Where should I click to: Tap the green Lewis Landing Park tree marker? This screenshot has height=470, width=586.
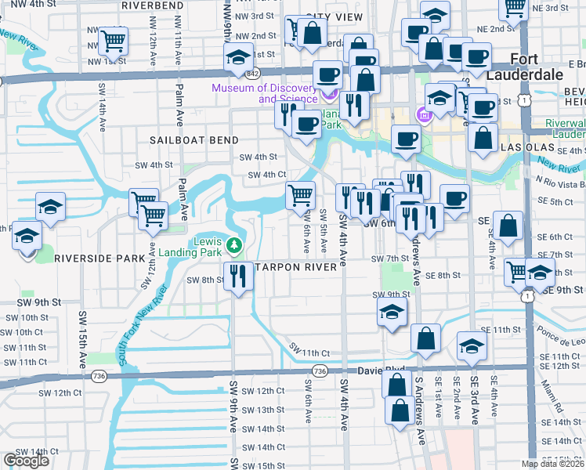233,246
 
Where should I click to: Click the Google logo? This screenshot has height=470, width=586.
26,460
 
